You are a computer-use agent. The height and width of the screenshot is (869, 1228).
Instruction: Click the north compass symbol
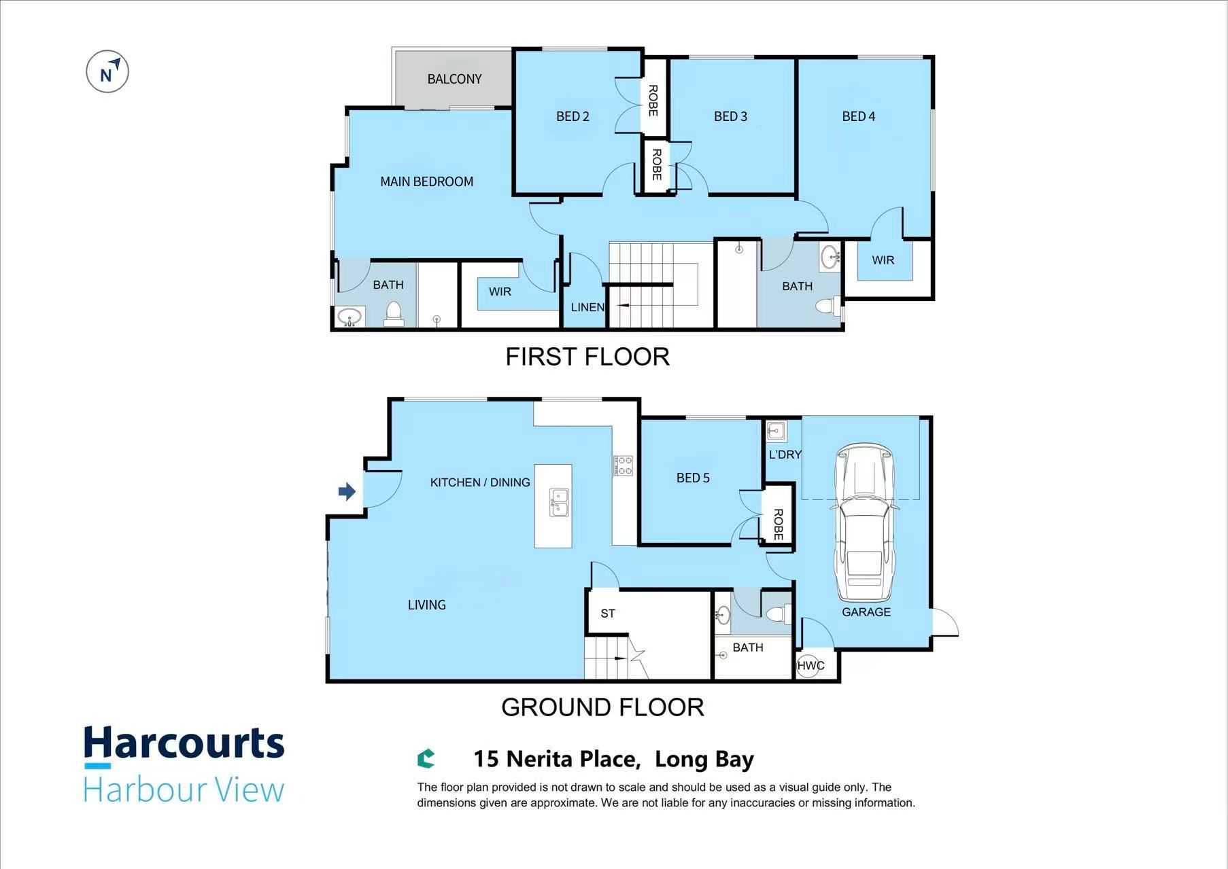[107, 71]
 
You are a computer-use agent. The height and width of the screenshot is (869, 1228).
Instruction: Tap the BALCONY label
[454, 79]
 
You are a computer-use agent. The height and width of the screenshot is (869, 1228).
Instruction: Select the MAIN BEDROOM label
[426, 181]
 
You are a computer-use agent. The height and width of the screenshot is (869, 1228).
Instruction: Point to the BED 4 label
[858, 116]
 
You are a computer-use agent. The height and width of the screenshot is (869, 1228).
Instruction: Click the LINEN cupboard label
[587, 307]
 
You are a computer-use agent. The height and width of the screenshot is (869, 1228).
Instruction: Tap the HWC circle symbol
[811, 665]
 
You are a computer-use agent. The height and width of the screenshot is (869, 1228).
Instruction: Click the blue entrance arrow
[347, 491]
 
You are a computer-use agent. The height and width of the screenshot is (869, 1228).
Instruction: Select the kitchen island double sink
[559, 503]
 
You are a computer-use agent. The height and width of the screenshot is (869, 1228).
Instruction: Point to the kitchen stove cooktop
[624, 465]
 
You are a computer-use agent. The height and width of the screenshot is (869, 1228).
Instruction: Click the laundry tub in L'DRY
[776, 431]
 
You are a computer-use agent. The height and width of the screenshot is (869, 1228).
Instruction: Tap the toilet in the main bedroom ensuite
[393, 314]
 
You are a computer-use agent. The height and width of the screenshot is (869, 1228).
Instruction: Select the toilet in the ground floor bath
[778, 614]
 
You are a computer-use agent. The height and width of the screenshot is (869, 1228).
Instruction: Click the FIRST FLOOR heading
[587, 357]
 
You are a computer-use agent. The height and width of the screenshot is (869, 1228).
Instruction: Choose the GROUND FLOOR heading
[602, 707]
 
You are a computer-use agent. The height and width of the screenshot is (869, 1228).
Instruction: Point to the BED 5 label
[693, 478]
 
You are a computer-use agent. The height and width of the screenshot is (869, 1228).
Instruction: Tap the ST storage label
[608, 614]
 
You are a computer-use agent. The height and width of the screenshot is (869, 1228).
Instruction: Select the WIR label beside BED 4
[883, 260]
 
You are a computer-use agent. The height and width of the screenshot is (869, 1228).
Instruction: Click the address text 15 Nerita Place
[557, 759]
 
